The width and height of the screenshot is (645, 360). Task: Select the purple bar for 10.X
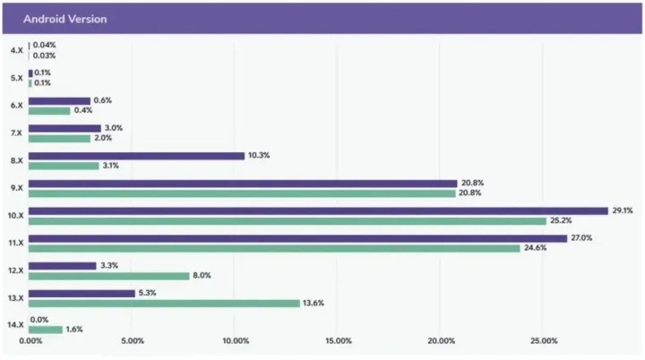[x=318, y=210]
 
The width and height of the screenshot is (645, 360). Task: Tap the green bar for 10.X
[x=287, y=221]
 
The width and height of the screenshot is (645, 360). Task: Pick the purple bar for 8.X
[x=136, y=156]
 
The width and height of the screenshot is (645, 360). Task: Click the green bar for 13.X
[x=164, y=303]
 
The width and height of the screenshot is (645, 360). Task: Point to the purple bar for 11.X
[x=297, y=238]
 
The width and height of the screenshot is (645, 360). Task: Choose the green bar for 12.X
[x=108, y=276]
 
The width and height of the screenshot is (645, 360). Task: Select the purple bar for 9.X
[x=242, y=183]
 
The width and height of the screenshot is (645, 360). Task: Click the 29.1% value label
[x=623, y=210]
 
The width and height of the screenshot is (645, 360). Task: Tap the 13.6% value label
[x=314, y=303]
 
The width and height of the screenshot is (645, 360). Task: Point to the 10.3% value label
[x=260, y=156]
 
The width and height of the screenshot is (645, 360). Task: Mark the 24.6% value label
[x=536, y=248]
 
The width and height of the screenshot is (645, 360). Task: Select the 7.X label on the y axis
[x=15, y=133]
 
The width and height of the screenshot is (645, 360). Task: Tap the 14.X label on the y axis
[x=14, y=324]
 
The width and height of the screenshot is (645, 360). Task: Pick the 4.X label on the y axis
[x=15, y=50]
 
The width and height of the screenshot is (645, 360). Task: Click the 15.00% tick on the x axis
[x=338, y=341]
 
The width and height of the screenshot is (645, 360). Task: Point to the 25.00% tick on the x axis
[x=544, y=341]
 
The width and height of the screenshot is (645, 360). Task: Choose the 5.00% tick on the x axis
[x=132, y=341]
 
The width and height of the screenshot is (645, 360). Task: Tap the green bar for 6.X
[x=49, y=111]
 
